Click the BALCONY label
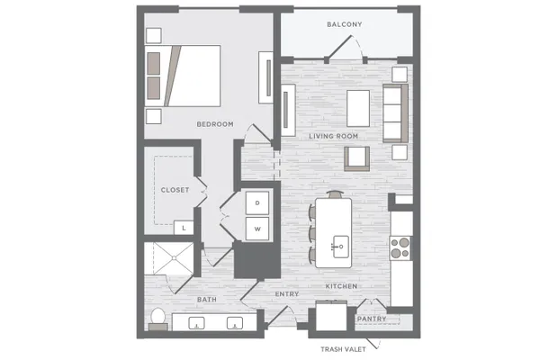pos(345,24)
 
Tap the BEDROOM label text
pos(215,124)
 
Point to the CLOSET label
pos(175,190)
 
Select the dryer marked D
pos(257,202)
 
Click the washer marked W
pos(257,229)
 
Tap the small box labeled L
pos(184,228)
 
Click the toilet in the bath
pos(158,319)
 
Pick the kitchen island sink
pos(340,247)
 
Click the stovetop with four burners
pos(400,248)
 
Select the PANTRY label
pos(372,319)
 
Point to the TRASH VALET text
pos(343,349)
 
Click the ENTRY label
pos(287,294)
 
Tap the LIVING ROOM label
pos(333,137)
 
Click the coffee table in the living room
pos(358,109)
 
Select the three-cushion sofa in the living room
pos(395,113)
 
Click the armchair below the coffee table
pos(356,158)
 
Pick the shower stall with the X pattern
pos(169,258)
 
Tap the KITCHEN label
pos(341,286)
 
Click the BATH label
pos(207,300)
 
